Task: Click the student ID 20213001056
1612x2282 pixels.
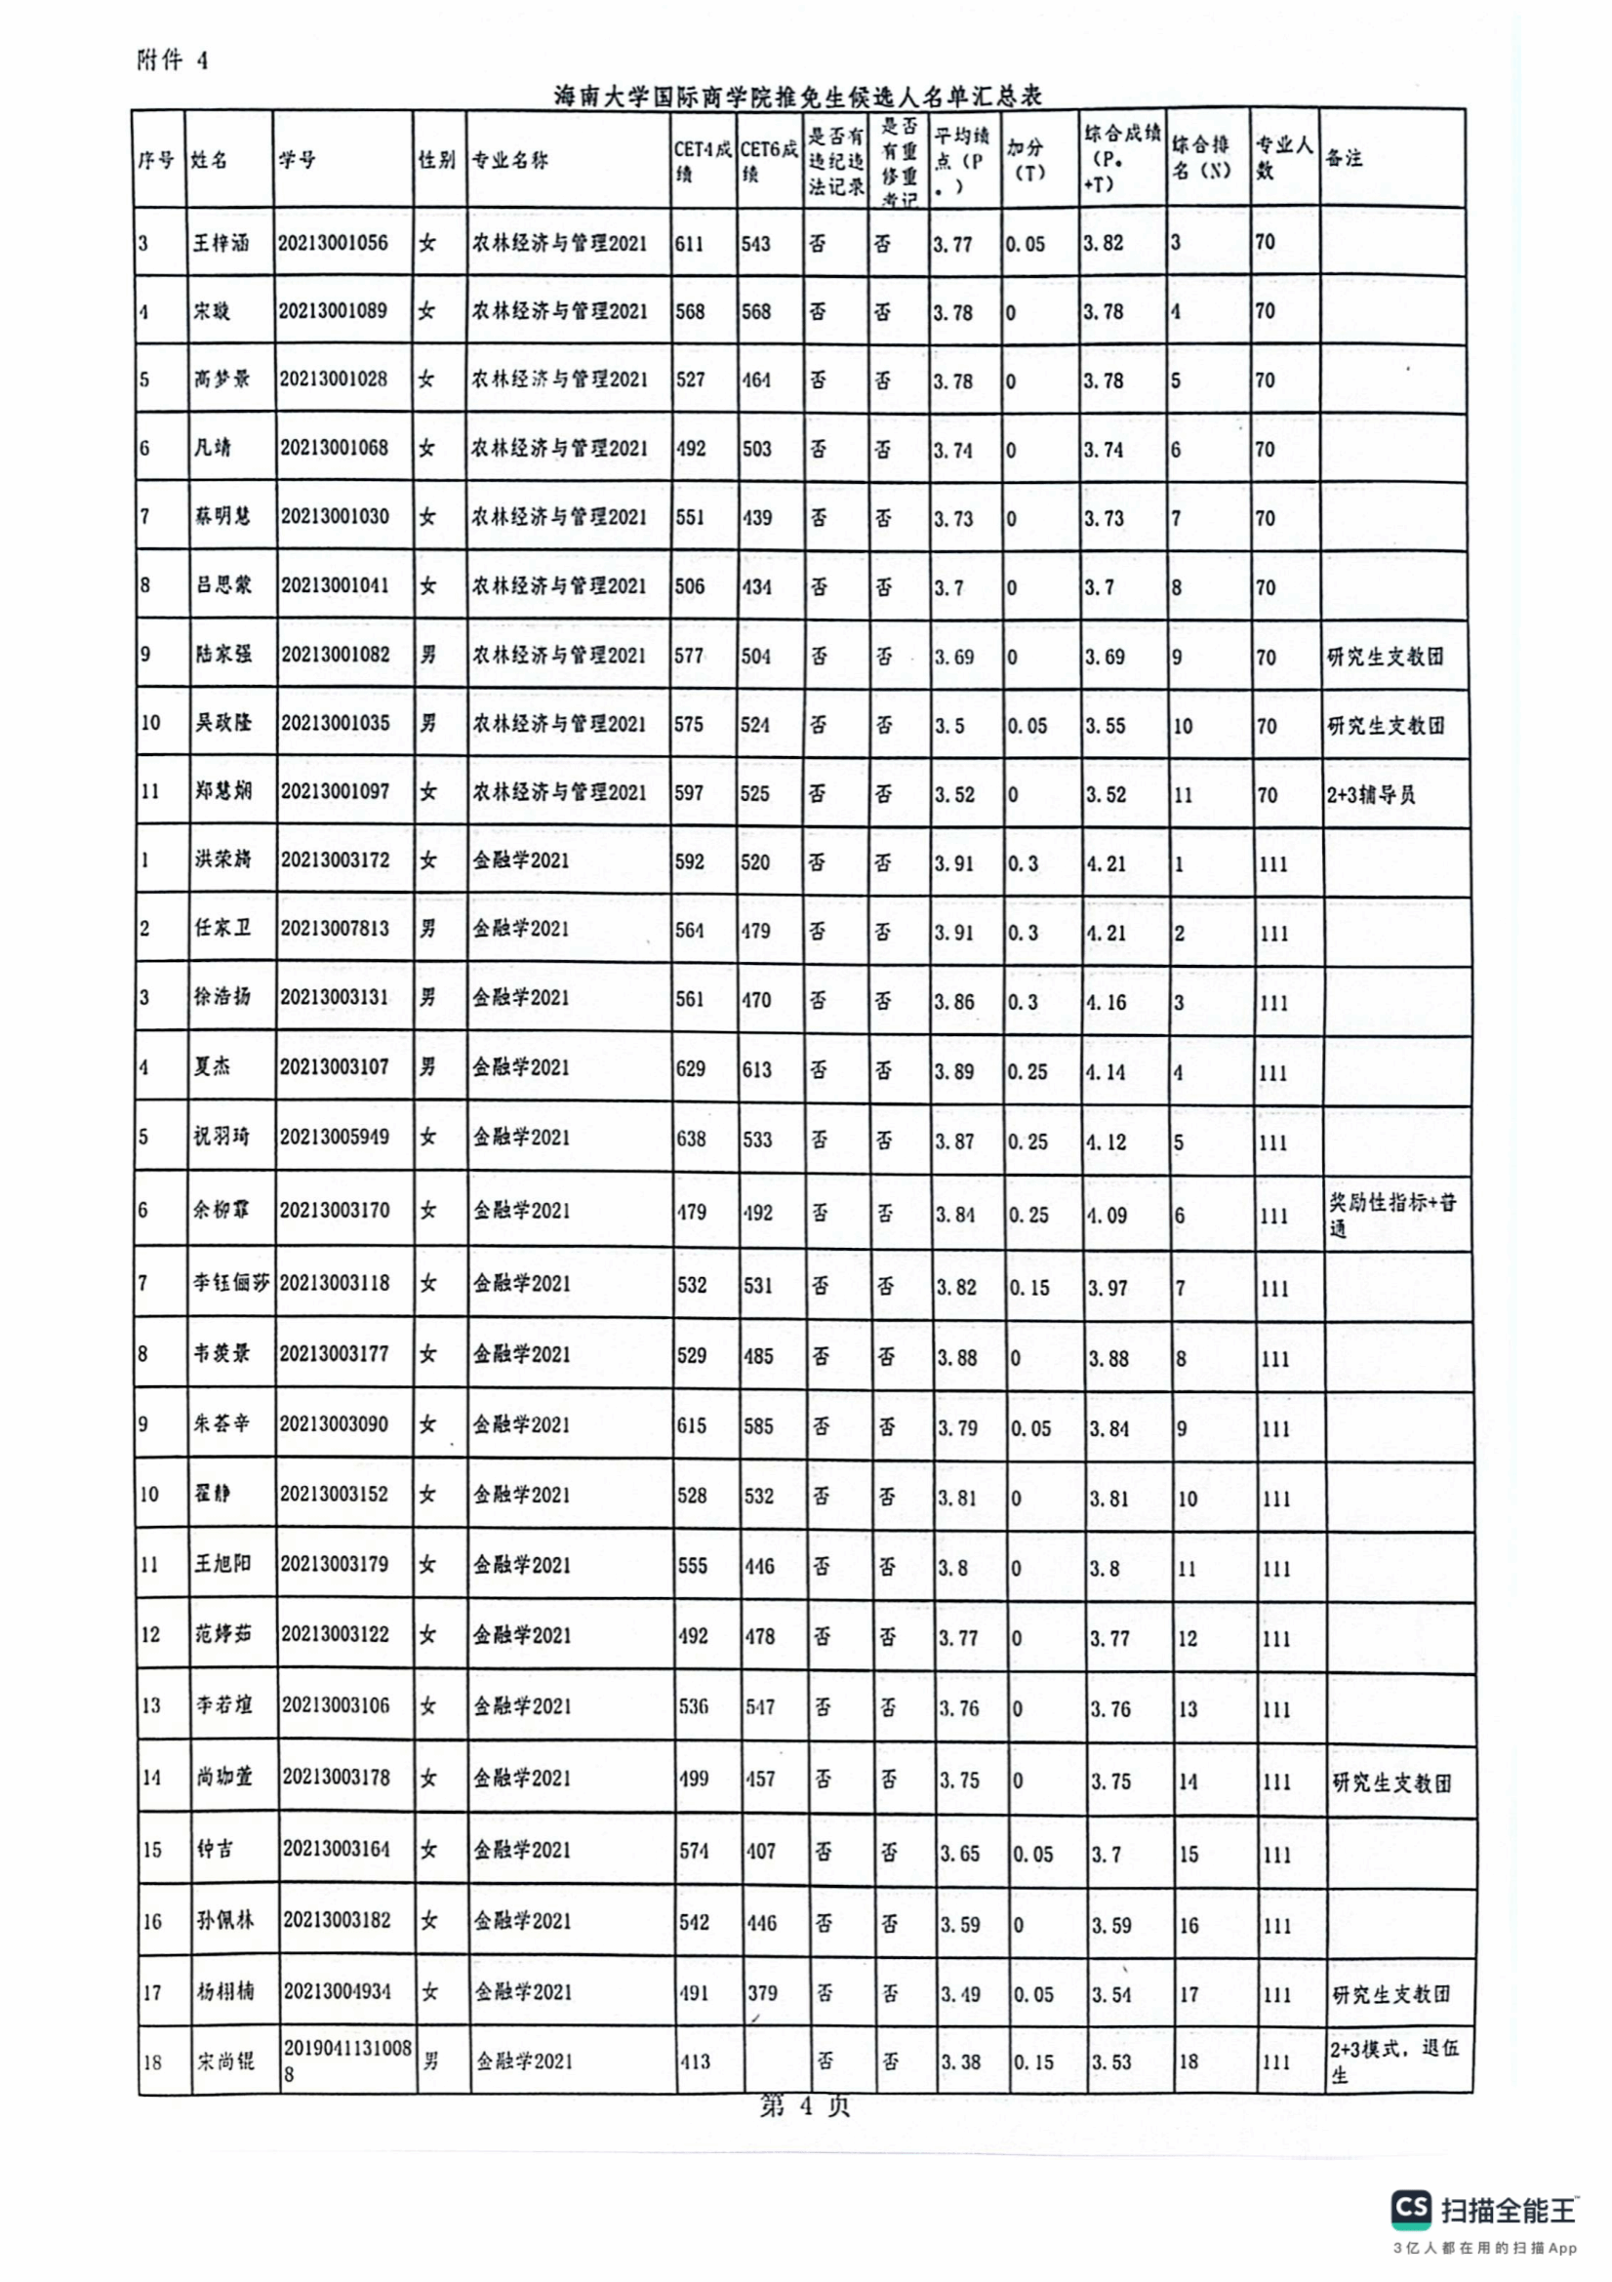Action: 333,243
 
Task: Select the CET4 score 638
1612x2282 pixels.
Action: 691,1138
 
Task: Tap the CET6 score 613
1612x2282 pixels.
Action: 756,1069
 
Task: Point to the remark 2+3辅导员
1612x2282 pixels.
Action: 1371,794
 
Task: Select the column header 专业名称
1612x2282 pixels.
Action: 509,160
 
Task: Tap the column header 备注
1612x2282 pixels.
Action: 1344,158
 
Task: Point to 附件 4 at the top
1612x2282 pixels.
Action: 172,60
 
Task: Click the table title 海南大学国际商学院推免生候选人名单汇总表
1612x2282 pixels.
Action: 797,96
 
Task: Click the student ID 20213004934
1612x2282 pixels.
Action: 337,1991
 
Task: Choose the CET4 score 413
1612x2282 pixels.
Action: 695,2062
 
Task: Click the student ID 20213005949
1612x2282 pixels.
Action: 334,1136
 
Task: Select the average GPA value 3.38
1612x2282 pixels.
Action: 961,2062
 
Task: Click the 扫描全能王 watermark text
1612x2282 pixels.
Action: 1509,2210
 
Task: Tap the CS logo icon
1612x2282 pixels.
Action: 1412,2209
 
